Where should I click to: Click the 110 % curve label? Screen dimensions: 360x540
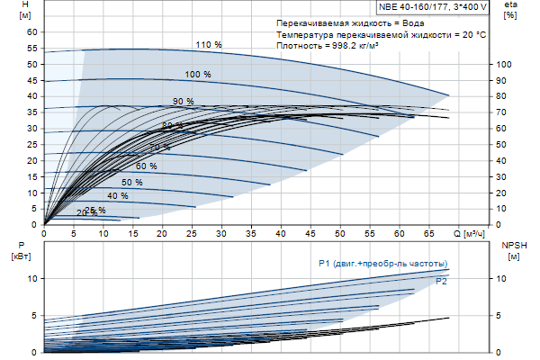pyautogui.click(x=208, y=44)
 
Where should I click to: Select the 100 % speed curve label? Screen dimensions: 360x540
pyautogui.click(x=198, y=74)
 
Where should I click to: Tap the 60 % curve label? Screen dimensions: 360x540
pyautogui.click(x=146, y=166)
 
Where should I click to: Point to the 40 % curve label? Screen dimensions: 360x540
pyautogui.click(x=117, y=196)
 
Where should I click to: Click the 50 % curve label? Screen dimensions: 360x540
pyautogui.click(x=132, y=183)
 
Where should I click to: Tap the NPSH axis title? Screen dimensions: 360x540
pyautogui.click(x=511, y=245)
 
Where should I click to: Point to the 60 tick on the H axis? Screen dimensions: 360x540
pyautogui.click(x=32, y=31)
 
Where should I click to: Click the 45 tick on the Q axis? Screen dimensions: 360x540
pyautogui.click(x=310, y=234)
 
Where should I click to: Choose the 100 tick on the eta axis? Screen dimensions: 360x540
pyautogui.click(x=504, y=64)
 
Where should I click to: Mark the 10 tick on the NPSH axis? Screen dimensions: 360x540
pyautogui.click(x=502, y=279)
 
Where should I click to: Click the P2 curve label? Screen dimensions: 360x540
pyautogui.click(x=441, y=282)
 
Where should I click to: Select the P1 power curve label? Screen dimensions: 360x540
pyautogui.click(x=382, y=263)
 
